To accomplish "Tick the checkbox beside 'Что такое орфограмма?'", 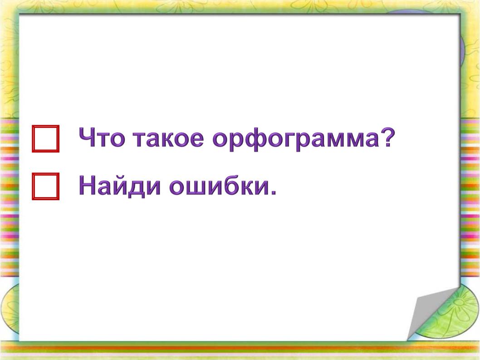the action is coord(46,138).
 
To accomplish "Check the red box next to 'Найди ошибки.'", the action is coord(46,186).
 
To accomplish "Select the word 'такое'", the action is coord(168,139).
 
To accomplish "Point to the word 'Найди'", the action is coord(120,186).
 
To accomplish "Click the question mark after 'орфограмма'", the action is coord(387,137).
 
